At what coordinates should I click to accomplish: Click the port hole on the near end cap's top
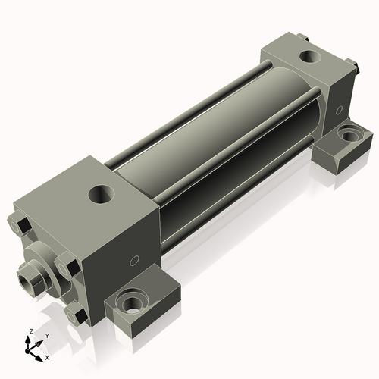coord(102,194)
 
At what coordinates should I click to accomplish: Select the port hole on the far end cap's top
coord(310,56)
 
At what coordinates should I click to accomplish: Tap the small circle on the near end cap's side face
coord(134,261)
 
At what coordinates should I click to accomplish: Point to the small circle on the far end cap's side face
coord(340,111)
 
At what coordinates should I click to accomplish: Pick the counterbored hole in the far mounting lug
coord(349,135)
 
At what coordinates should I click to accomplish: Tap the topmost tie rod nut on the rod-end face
coord(20,225)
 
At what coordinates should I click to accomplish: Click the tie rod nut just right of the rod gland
coord(67,267)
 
